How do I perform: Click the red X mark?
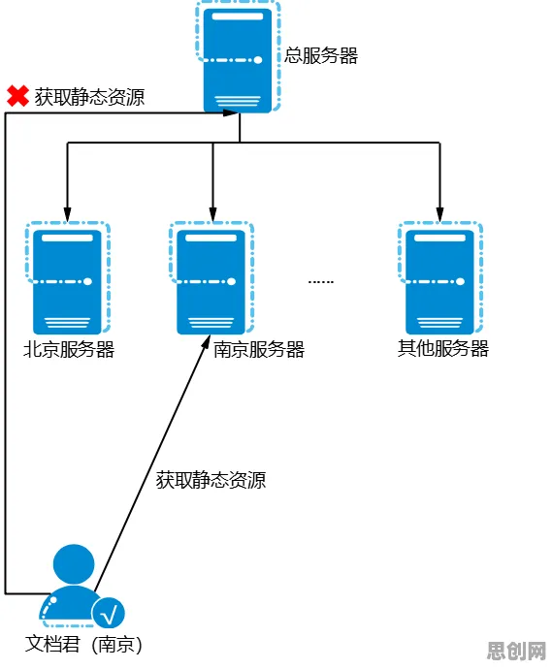point(17,96)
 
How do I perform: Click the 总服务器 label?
point(321,55)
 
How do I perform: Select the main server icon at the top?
point(238,57)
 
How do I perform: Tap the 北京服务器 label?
point(69,349)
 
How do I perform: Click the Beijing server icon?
point(68,277)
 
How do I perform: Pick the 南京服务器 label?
point(259,349)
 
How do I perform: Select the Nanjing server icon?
point(211,277)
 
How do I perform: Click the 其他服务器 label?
point(443,349)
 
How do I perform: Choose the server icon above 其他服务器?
point(440,277)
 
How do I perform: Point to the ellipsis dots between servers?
point(320,282)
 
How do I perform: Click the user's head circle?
point(74,564)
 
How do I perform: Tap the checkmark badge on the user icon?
point(109,613)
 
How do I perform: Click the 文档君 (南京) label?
point(83,644)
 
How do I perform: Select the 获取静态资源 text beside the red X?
point(89,97)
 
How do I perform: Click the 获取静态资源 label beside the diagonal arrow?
point(211,480)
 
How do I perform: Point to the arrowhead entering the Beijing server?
point(67,214)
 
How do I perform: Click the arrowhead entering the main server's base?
point(231,113)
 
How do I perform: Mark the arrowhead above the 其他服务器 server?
point(439,214)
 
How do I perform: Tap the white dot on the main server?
point(258,60)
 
